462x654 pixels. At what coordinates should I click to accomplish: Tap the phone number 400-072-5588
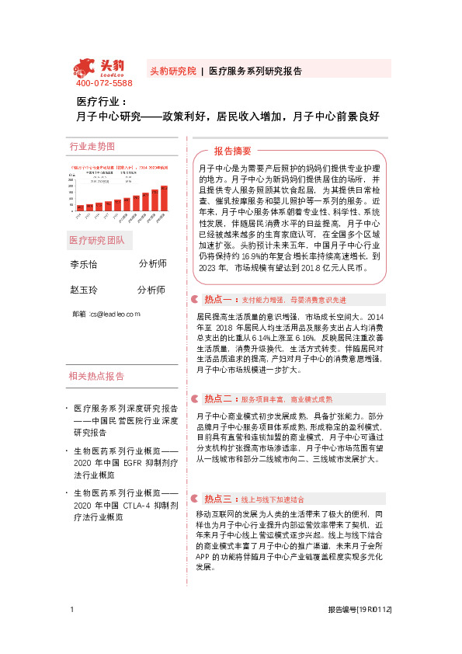[104, 83]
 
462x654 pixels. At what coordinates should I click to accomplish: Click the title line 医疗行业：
[96, 103]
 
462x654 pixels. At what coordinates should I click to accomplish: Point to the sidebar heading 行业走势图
[92, 146]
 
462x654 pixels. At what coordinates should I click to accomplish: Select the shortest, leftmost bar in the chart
[80, 208]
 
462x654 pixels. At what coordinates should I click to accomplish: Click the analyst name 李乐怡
[84, 264]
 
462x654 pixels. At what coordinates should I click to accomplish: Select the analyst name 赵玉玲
[84, 290]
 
